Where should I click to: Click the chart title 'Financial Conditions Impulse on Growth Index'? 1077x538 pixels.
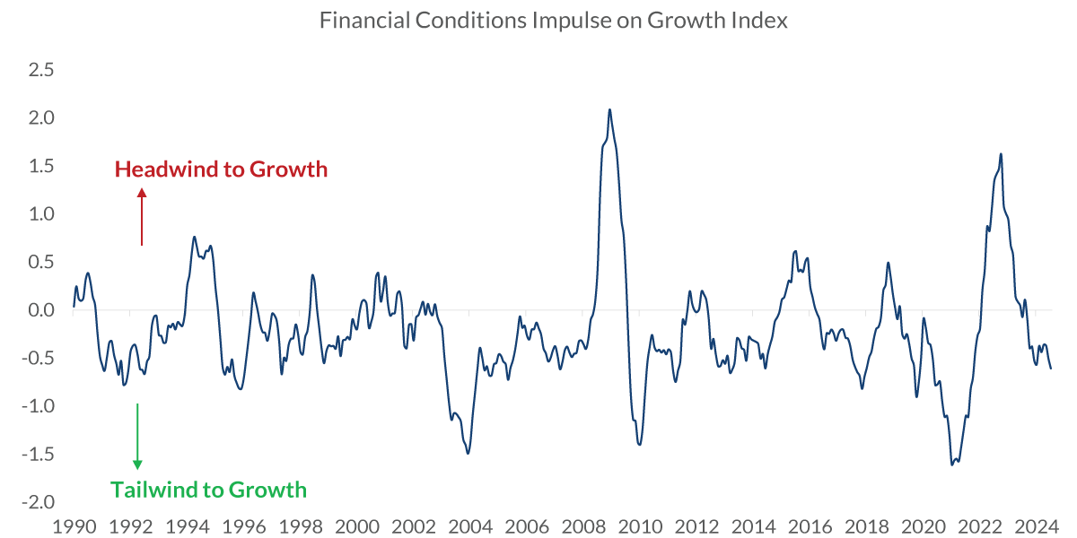point(554,21)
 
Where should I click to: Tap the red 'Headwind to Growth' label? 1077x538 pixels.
point(221,169)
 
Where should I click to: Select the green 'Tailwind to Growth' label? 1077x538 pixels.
point(208,490)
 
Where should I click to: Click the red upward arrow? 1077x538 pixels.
point(141,215)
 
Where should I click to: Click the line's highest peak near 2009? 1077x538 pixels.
point(610,109)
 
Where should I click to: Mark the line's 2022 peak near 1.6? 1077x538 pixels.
point(1001,154)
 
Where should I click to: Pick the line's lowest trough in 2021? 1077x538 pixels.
point(951,464)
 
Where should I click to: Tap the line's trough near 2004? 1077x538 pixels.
point(468,453)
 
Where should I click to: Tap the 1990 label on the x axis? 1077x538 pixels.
point(74,525)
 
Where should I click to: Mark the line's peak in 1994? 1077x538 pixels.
point(195,237)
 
